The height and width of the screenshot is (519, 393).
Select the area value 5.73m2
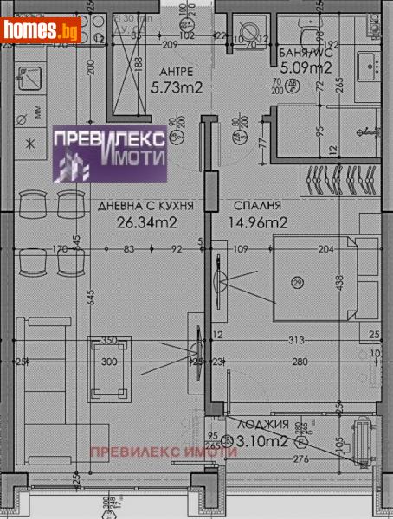[177, 88]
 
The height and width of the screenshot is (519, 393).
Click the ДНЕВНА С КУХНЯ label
[145, 206]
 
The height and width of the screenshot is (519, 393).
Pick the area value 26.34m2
[145, 223]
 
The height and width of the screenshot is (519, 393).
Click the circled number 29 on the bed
[297, 283]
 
